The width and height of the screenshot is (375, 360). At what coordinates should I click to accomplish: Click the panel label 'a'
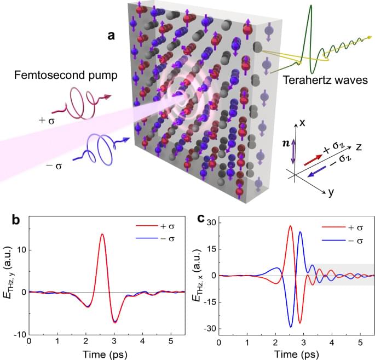click(111, 36)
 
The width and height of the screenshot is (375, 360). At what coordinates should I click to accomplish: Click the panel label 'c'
click(201, 219)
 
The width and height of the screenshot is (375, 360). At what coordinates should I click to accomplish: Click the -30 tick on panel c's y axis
click(209, 329)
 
